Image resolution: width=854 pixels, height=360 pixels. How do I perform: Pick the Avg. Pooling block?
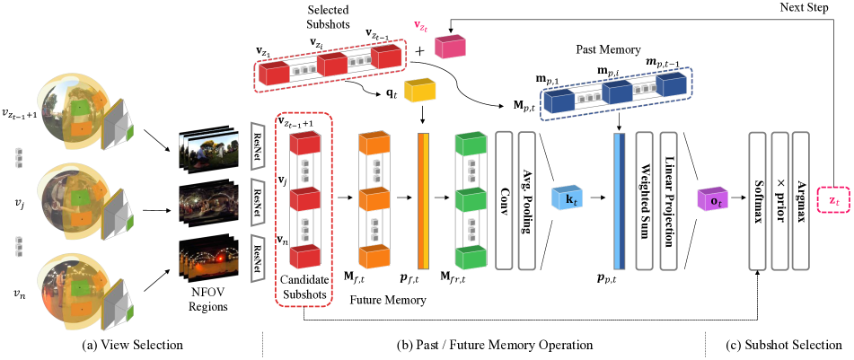(528, 198)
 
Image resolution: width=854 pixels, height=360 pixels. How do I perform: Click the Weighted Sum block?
(643, 198)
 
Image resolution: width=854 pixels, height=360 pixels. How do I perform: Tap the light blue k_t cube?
(568, 198)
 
